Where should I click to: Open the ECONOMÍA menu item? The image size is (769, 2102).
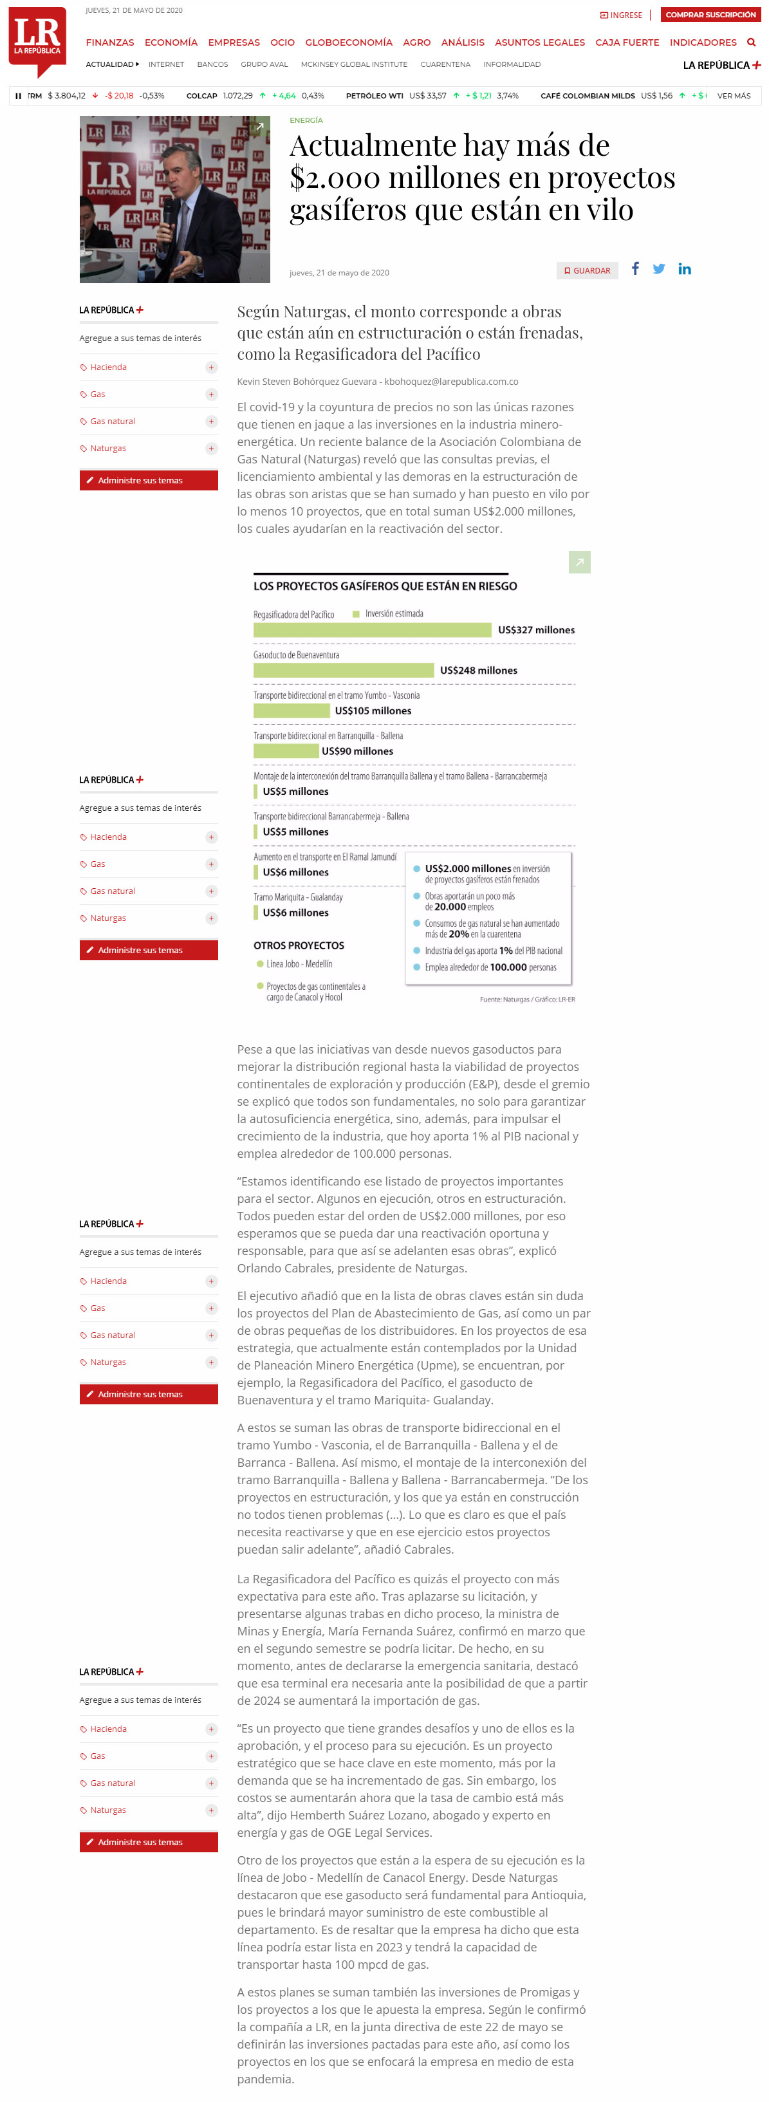pos(171,42)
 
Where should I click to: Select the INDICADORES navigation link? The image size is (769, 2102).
pos(702,42)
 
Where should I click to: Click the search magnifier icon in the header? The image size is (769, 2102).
pos(751,42)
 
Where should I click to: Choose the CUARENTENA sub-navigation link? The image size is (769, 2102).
pos(445,64)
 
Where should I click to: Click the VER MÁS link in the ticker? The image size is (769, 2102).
pos(733,95)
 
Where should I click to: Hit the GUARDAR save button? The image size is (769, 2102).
pos(587,270)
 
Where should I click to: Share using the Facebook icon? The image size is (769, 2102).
pos(635,268)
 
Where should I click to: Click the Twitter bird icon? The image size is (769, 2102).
pos(659,268)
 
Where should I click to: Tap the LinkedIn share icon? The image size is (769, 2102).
pos(684,268)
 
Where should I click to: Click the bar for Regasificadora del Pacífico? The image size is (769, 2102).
pos(372,630)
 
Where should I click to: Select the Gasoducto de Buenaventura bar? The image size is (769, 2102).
pos(344,670)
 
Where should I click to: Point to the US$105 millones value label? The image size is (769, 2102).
pos(373,711)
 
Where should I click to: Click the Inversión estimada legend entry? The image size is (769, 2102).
pos(388,613)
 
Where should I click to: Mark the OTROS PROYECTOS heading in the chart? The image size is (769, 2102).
pos(299,945)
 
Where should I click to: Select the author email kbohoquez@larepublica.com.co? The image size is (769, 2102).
pos(451,381)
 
